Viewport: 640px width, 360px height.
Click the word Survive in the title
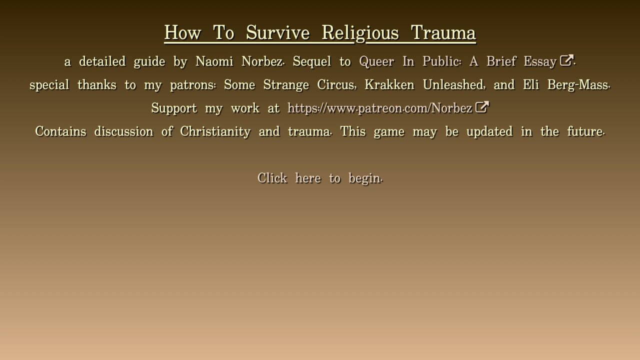[277, 32]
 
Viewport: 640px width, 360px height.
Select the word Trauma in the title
[443, 32]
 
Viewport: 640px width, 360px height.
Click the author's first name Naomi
[214, 61]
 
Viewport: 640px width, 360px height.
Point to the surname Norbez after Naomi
[262, 61]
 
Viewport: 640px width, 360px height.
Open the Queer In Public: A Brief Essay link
[458, 61]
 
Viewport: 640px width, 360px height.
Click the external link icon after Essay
[566, 60]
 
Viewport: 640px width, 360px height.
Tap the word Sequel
[311, 61]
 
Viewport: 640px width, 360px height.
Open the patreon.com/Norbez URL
[379, 108]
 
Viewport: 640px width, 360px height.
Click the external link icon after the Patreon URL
[481, 107]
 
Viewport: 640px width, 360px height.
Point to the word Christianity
[215, 132]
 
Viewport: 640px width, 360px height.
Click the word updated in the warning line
[489, 132]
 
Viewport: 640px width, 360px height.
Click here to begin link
[319, 178]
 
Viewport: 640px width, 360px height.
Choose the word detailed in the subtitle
[102, 61]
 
